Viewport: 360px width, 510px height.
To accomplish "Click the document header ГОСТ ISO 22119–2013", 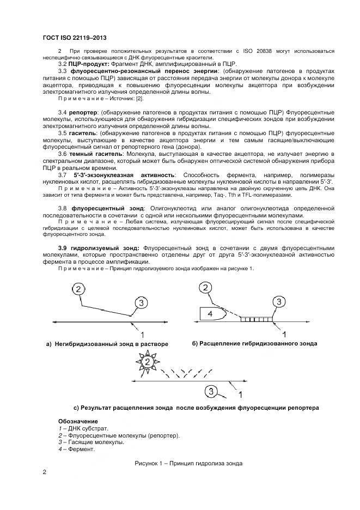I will (74, 38).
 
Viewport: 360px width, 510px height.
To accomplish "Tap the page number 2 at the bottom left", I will (44, 472).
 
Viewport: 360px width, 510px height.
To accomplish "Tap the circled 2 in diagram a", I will (80, 289).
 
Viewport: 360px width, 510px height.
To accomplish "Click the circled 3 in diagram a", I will (141, 302).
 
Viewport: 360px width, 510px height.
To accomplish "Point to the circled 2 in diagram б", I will (206, 288).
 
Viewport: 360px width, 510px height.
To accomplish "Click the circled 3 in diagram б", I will (278, 302).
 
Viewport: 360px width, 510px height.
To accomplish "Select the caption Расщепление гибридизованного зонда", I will (254, 344).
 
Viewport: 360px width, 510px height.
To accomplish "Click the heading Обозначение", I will (78, 422).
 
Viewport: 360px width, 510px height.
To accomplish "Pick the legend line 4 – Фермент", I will (77, 450).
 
